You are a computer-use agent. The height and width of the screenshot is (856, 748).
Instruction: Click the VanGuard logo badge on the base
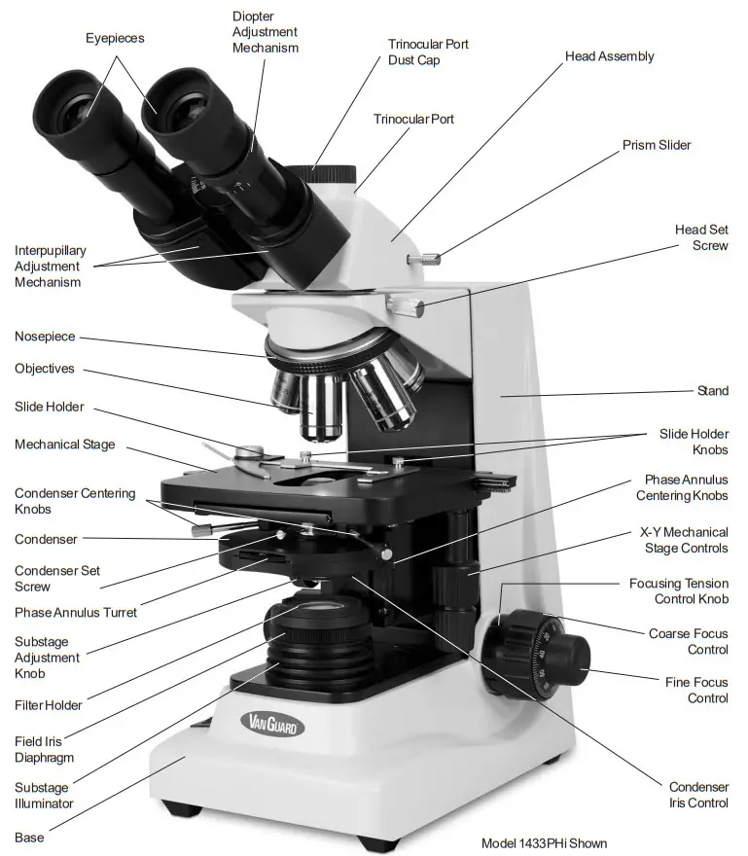pos(272,724)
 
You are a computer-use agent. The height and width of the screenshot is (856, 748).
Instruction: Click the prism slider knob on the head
pos(424,258)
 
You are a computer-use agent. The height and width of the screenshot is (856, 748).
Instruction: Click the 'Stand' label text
pos(712,391)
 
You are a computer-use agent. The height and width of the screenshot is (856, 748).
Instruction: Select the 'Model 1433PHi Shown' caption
pos(544,842)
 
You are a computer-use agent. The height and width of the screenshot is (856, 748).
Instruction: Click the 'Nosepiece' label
pos(45,337)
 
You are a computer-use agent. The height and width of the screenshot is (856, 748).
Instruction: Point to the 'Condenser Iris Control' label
pos(698,795)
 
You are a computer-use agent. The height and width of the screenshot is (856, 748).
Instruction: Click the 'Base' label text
pos(29,837)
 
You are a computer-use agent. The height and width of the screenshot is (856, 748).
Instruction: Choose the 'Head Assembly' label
pos(609,56)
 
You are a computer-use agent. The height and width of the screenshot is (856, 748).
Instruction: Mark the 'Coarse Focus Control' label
pos(688,641)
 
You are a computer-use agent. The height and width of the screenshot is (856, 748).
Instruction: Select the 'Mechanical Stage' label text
pos(64,445)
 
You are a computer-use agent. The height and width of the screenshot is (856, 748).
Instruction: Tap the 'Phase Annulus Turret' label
pos(76,613)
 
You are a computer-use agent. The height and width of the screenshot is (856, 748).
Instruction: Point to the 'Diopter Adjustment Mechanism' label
pos(265,31)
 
